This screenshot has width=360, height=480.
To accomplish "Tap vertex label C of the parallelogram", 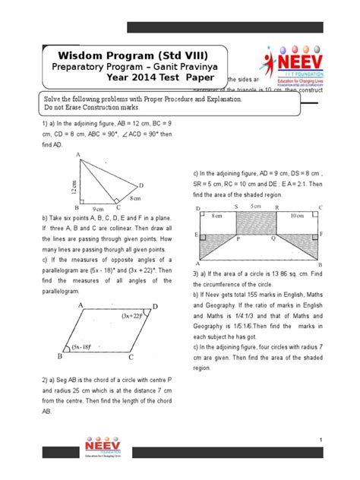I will click(x=131, y=357).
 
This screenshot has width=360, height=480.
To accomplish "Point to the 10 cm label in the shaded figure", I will click(x=298, y=216).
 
